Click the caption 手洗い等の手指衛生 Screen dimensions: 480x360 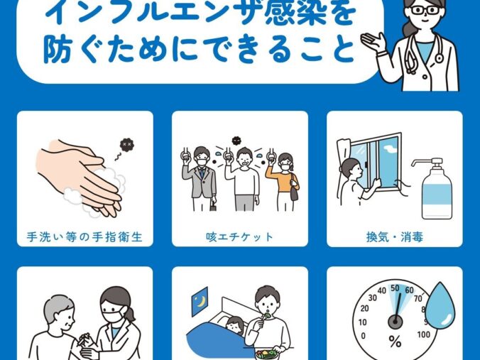[x=84, y=237]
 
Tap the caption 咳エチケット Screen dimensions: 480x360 [x=239, y=237]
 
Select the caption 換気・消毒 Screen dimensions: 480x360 [x=395, y=237]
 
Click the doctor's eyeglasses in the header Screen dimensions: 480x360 [x=425, y=10]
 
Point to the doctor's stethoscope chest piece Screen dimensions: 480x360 [x=439, y=58]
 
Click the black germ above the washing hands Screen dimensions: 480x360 [x=126, y=144]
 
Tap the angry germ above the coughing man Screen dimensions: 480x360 [x=236, y=141]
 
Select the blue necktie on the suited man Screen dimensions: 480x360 [x=202, y=173]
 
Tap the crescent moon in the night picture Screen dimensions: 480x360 [x=201, y=302]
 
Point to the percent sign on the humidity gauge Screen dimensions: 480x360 [x=395, y=342]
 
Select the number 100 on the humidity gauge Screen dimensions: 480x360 [x=423, y=334]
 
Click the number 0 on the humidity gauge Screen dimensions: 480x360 [x=363, y=336]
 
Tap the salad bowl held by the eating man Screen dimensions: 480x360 [x=266, y=354]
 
